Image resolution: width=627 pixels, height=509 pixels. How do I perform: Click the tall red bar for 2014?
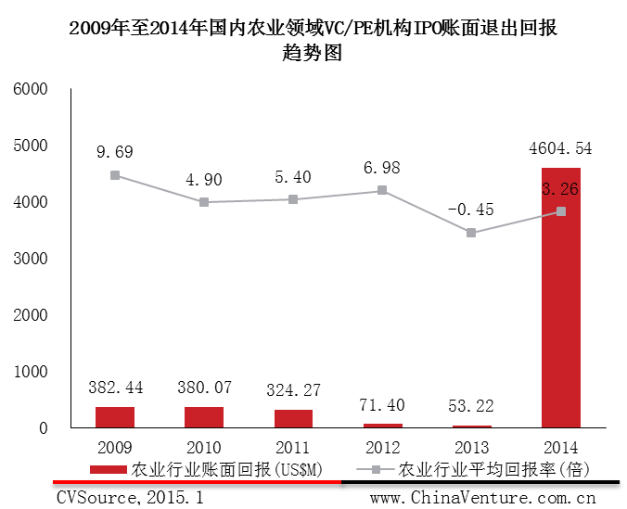point(560,297)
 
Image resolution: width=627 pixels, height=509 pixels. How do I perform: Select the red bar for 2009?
point(115,417)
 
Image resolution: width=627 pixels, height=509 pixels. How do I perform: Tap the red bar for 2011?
point(293,418)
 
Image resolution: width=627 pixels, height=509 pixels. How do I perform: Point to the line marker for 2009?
point(115,175)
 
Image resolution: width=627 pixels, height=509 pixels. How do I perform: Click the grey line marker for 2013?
point(471,233)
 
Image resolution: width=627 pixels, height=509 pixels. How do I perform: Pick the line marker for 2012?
point(382,191)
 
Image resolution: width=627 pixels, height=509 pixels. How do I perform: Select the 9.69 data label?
point(115,148)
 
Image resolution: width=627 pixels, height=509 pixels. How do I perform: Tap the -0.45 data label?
point(470,209)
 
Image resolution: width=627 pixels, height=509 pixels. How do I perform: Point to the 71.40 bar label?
point(381,406)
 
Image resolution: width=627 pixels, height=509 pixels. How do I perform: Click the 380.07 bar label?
point(204,388)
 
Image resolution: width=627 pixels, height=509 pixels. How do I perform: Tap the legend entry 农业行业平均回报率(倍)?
point(493,468)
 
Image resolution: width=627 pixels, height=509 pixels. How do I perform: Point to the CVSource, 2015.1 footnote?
point(130,497)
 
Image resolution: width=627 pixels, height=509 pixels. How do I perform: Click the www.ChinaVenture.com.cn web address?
point(482,497)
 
